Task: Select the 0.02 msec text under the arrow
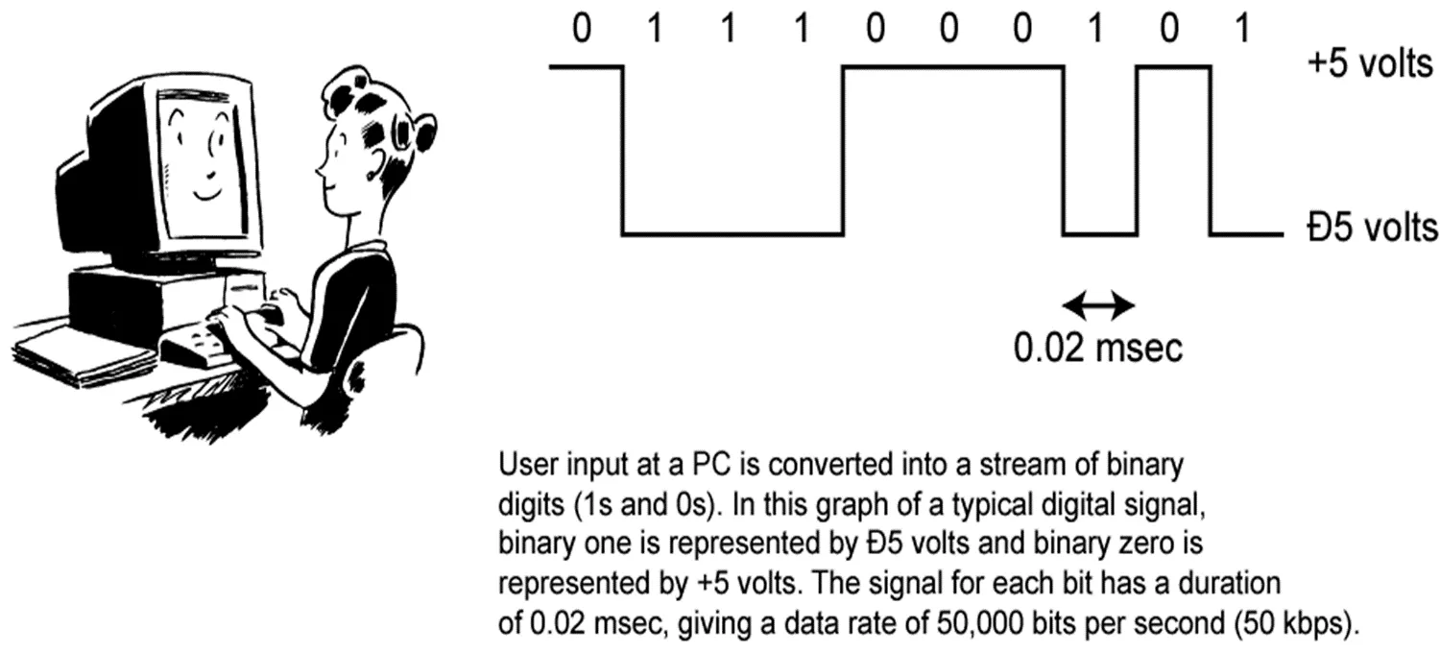(x=1098, y=348)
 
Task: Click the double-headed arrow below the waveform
(x=1099, y=306)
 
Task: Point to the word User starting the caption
(x=524, y=467)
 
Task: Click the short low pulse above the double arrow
(x=1099, y=232)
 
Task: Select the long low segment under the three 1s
(x=732, y=232)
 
